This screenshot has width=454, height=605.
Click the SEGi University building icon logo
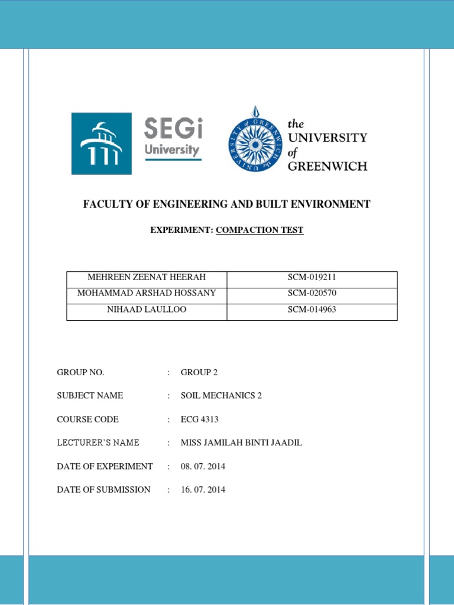click(102, 144)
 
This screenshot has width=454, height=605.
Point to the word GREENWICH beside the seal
click(327, 166)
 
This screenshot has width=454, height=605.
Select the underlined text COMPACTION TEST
click(260, 230)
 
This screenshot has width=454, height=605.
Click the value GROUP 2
click(196, 372)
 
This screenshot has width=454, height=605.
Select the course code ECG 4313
click(200, 419)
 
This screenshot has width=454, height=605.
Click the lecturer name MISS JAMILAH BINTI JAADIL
click(241, 443)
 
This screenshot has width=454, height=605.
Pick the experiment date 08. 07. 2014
click(203, 467)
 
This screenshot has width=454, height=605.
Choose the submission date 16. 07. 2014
click(203, 490)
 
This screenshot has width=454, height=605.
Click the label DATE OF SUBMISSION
click(103, 490)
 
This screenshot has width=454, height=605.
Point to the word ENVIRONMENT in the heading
click(332, 204)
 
